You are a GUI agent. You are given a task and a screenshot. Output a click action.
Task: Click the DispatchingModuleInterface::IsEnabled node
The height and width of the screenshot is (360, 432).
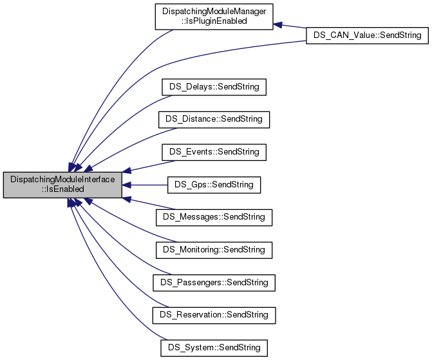pos(62,185)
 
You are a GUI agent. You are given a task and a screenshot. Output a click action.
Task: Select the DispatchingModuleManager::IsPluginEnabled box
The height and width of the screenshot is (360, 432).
pos(214,15)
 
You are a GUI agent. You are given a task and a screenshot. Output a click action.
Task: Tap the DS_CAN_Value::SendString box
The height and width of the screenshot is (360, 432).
pos(366,36)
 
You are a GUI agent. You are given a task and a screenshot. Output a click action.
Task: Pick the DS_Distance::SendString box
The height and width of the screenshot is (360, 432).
pos(214,118)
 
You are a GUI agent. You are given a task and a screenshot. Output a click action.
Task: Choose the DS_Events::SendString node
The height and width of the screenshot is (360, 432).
pos(214,151)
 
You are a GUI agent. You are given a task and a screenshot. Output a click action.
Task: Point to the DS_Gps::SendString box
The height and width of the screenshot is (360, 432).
pos(214,185)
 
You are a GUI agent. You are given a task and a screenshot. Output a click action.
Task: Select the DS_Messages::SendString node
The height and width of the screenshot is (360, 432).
pos(214,217)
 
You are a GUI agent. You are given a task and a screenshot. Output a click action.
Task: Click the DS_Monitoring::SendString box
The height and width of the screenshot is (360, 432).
pos(214,249)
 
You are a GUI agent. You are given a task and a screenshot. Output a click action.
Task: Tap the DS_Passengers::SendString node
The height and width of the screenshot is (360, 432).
pos(214,282)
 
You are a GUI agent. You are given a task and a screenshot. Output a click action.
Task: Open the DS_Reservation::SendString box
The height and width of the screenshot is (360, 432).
pos(214,315)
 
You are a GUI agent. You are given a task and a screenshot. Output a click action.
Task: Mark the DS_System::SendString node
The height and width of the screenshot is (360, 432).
pos(214,348)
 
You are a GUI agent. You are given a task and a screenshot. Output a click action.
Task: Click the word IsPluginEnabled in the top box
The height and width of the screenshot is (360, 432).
pos(214,21)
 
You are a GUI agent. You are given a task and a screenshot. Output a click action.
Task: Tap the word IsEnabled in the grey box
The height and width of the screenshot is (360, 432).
pos(62,190)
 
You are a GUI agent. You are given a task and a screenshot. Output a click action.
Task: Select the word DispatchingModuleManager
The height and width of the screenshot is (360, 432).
pos(214,11)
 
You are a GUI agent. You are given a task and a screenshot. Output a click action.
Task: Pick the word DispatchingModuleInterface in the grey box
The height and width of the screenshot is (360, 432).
pos(62,180)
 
